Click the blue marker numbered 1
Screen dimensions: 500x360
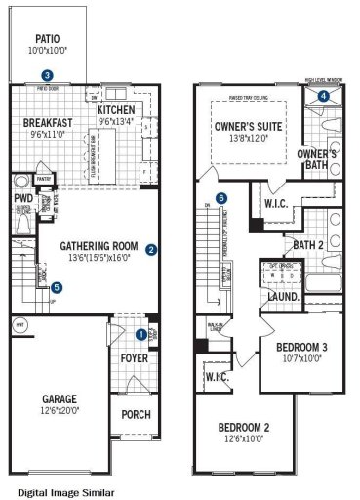coord(140,334)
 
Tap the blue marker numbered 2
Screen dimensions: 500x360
coord(151,249)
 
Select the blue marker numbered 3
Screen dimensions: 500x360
coord(47,74)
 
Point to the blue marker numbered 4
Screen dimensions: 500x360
coord(324,95)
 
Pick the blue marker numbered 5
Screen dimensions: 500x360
coord(57,287)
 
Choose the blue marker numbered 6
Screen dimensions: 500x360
coord(221,198)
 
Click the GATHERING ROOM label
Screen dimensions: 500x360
coord(96,246)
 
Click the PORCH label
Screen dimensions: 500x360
coord(136,414)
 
